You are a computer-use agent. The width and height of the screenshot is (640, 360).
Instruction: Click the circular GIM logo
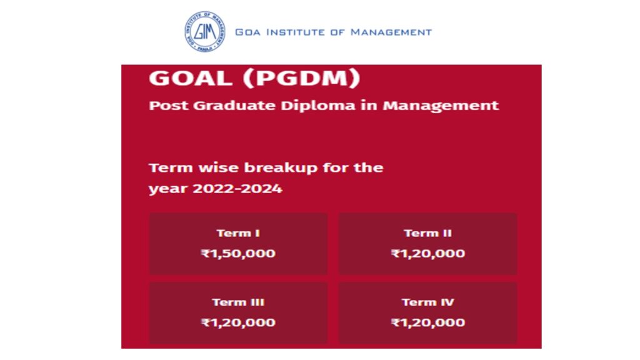[x=204, y=31]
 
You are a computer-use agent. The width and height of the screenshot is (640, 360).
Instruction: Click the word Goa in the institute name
[x=247, y=32]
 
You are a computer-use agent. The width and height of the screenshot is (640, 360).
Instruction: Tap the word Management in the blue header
[x=391, y=32]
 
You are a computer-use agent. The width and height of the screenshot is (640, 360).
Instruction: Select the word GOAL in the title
[x=191, y=77]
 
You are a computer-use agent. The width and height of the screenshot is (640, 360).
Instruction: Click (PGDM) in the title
[x=302, y=78]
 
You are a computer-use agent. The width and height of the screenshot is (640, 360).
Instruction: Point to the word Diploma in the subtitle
[x=318, y=106]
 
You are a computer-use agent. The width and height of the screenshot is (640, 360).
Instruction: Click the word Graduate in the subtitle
[x=234, y=106]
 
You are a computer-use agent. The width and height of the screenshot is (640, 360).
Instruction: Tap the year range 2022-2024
[x=237, y=189]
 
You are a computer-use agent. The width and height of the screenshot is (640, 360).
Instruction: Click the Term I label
[x=238, y=233]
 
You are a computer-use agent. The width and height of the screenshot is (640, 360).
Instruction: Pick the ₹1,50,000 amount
[x=238, y=254]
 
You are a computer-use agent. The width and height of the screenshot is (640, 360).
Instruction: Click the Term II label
[x=427, y=233]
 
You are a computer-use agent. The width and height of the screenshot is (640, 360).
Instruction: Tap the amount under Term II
[x=427, y=254]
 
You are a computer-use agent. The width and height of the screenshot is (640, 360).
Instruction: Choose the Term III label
[x=238, y=302]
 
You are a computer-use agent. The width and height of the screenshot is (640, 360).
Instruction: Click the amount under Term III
[x=238, y=322]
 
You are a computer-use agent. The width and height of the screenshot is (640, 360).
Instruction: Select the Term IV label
[x=427, y=302]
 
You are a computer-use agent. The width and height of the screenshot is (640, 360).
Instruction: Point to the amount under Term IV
[x=427, y=322]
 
